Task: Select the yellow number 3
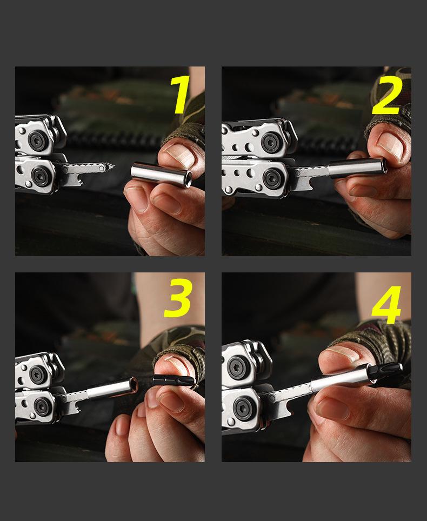pos(177,298)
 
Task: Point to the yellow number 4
pos(386,304)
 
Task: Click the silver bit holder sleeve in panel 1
pos(161,175)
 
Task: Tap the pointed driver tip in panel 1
pos(111,166)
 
